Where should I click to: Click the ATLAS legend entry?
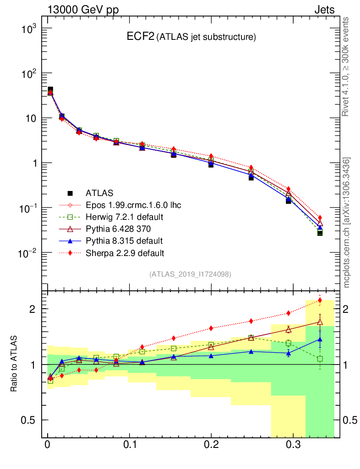click(99, 193)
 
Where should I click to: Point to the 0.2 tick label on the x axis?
click(211, 445)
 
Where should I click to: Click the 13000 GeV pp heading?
click(83, 10)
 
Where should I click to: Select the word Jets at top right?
click(324, 10)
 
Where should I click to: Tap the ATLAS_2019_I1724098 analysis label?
click(190, 274)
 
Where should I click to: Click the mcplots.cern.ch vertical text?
click(347, 223)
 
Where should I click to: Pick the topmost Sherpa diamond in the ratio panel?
click(320, 300)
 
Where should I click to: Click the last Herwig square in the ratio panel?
click(320, 359)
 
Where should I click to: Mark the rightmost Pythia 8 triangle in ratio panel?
click(320, 339)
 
